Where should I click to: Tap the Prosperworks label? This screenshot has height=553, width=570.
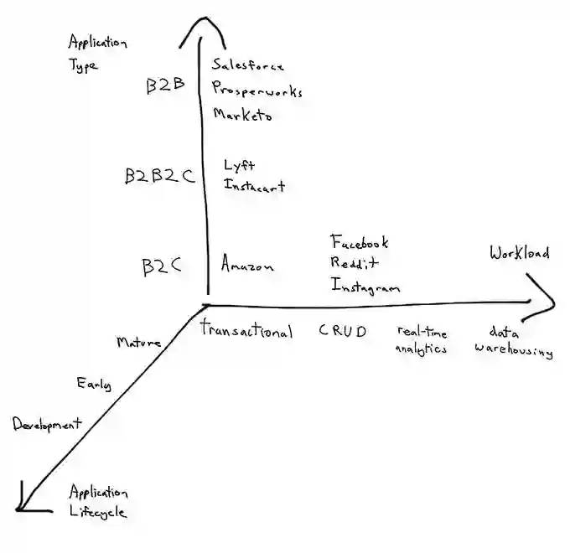point(256,90)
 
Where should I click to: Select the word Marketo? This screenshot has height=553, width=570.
point(242,115)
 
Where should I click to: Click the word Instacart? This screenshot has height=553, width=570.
point(254,186)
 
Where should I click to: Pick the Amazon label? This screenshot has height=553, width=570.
point(247,266)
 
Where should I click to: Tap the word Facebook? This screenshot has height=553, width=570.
point(360,242)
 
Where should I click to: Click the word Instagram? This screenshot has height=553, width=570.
point(365,287)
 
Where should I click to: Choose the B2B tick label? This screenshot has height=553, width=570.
point(164,86)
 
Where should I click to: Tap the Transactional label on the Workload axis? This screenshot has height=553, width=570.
point(246,331)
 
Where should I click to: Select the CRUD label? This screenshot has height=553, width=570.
point(342,331)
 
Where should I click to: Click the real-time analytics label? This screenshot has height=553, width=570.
point(422,341)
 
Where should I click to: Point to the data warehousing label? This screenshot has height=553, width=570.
point(513,341)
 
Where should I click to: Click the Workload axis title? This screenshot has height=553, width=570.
point(520,253)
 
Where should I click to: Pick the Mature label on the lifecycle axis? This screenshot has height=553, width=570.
point(139,342)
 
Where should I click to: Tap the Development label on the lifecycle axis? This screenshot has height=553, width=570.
point(47,425)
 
